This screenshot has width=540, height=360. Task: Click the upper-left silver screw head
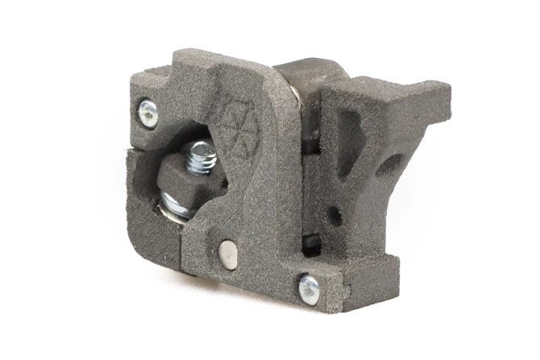click(147, 113)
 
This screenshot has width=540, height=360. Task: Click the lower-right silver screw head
click(309, 288)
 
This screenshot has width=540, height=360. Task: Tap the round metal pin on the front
click(229, 254)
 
